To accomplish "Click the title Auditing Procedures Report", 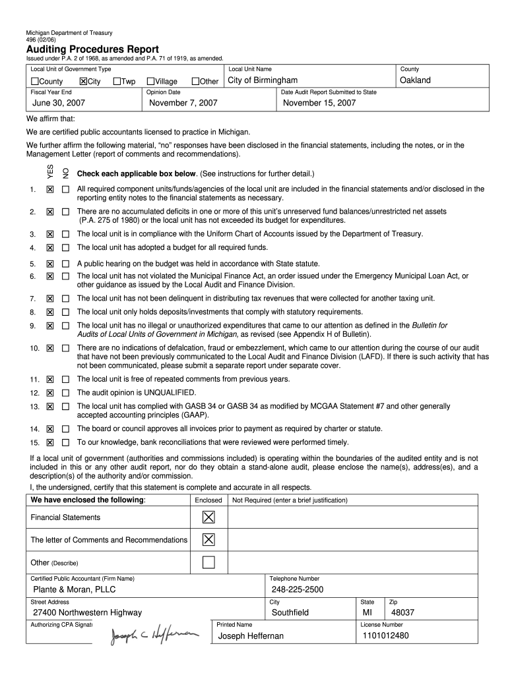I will coord(92,49).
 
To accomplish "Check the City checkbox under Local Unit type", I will coord(83,81).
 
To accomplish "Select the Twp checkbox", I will coord(117,81).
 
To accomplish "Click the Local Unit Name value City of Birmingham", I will coord(263,80).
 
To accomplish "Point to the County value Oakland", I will coord(416,80).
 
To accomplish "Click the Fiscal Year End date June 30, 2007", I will coord(59,103).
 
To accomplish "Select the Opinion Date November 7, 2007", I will coord(183,103).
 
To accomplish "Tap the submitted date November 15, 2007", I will coord(319,103).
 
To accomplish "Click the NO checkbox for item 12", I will coord(65,393).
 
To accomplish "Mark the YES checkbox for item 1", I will coord(50,189).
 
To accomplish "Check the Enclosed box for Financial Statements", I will coord(208,517).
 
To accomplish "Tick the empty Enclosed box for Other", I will coord(208,562).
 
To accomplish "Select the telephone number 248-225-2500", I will coord(298,589).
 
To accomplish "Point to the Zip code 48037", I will coord(402,612).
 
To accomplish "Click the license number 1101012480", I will coord(385,635).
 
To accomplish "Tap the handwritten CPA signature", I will coord(154,635).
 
